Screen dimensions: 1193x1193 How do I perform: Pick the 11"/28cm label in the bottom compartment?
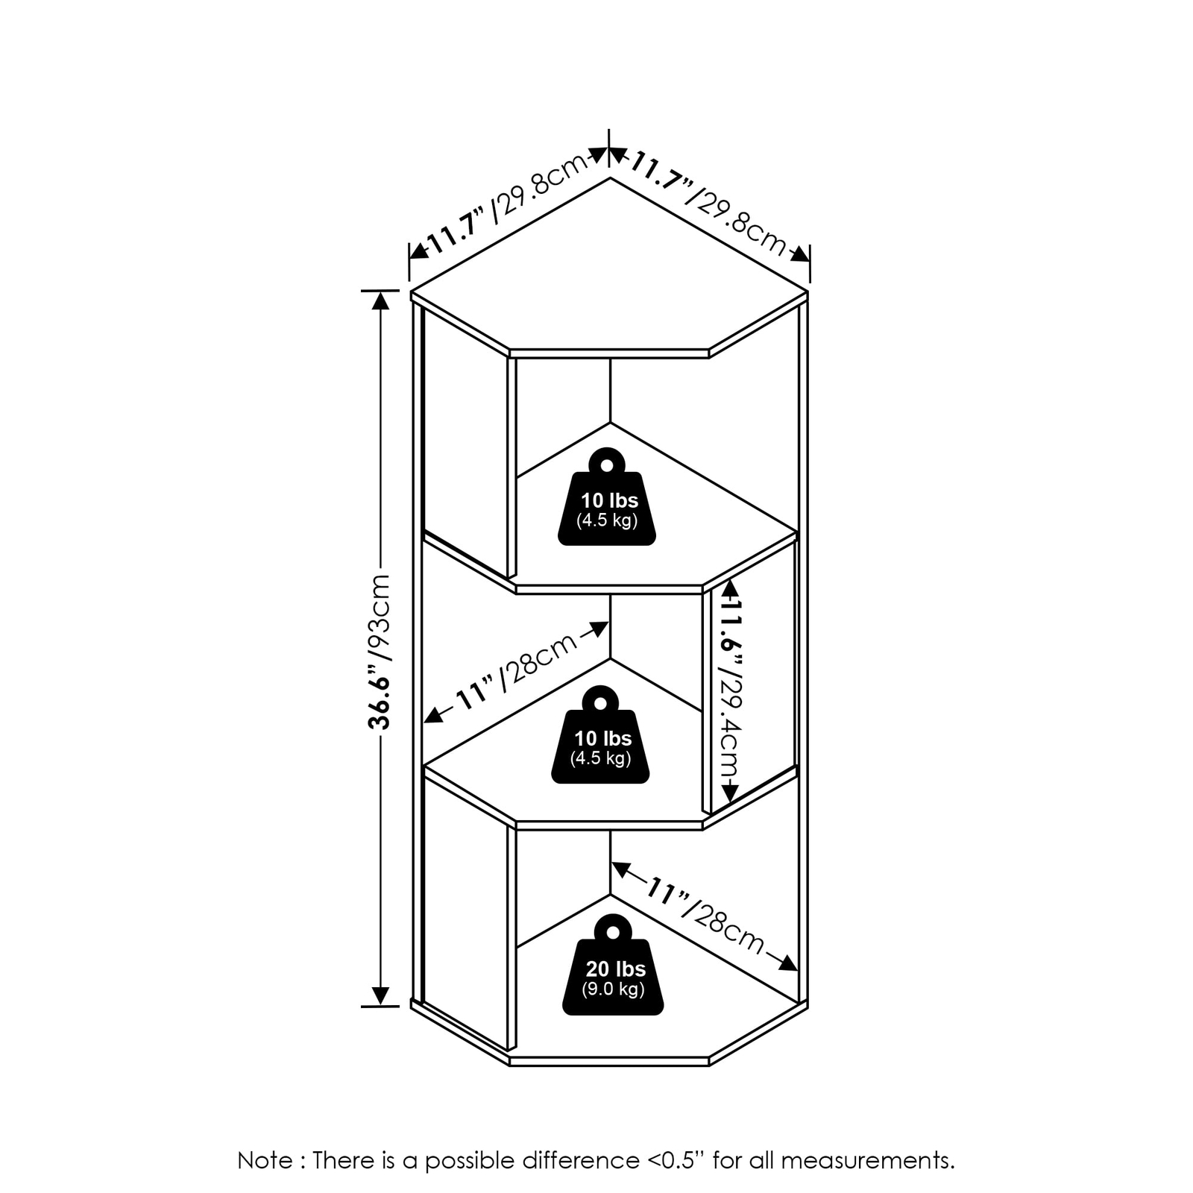(x=704, y=917)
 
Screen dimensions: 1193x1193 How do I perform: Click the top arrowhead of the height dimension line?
(x=380, y=300)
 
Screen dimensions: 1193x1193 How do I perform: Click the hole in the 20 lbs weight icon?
(x=613, y=933)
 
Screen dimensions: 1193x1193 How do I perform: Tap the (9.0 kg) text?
(x=613, y=989)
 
